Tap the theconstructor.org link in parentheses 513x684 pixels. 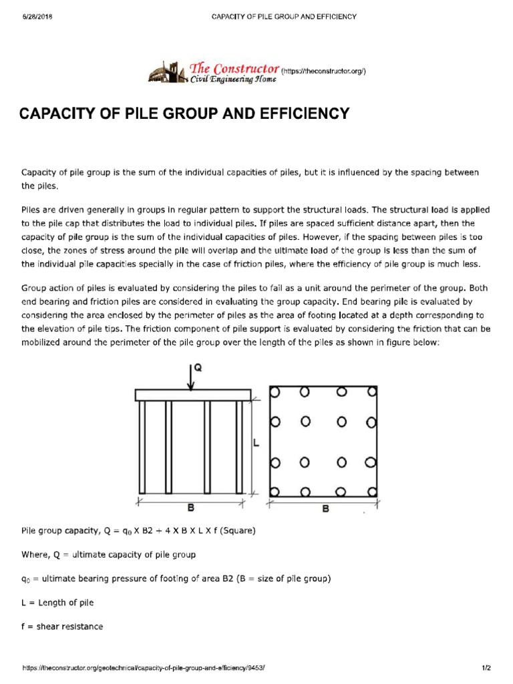click(323, 70)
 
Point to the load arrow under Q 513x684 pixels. click(192, 379)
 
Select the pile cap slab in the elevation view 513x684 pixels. click(193, 395)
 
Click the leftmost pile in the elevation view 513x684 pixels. click(142, 447)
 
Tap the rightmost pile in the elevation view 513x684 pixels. click(239, 447)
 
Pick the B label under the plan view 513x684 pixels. click(326, 509)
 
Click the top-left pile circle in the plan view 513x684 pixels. click(273, 393)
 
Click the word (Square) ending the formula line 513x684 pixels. click(237, 530)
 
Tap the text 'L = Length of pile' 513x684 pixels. click(57, 603)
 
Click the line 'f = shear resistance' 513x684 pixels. click(62, 627)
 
